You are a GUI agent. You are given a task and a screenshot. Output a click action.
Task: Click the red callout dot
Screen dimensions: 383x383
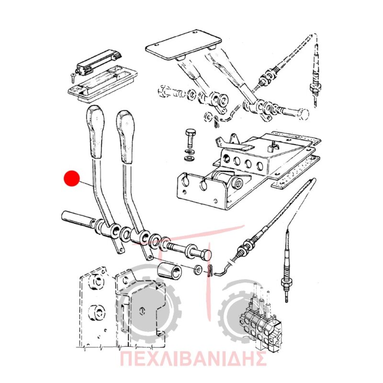71,178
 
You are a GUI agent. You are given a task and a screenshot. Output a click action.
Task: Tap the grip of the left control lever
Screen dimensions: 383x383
95,132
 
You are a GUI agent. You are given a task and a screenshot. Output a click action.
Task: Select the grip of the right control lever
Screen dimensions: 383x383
125,137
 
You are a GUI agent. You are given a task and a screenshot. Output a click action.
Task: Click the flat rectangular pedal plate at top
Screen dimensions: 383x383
183,45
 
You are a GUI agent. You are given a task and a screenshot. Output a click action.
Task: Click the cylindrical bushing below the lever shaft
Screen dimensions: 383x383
169,271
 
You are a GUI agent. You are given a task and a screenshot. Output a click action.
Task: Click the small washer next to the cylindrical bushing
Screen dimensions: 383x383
198,270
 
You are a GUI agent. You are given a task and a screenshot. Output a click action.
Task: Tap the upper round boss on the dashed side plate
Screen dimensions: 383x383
96,282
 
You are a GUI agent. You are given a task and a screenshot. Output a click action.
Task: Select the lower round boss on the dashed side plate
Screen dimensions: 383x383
97,313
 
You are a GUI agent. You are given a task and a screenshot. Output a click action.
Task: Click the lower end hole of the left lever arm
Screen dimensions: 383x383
120,250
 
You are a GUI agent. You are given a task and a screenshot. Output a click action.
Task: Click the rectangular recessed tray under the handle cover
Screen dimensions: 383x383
102,83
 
